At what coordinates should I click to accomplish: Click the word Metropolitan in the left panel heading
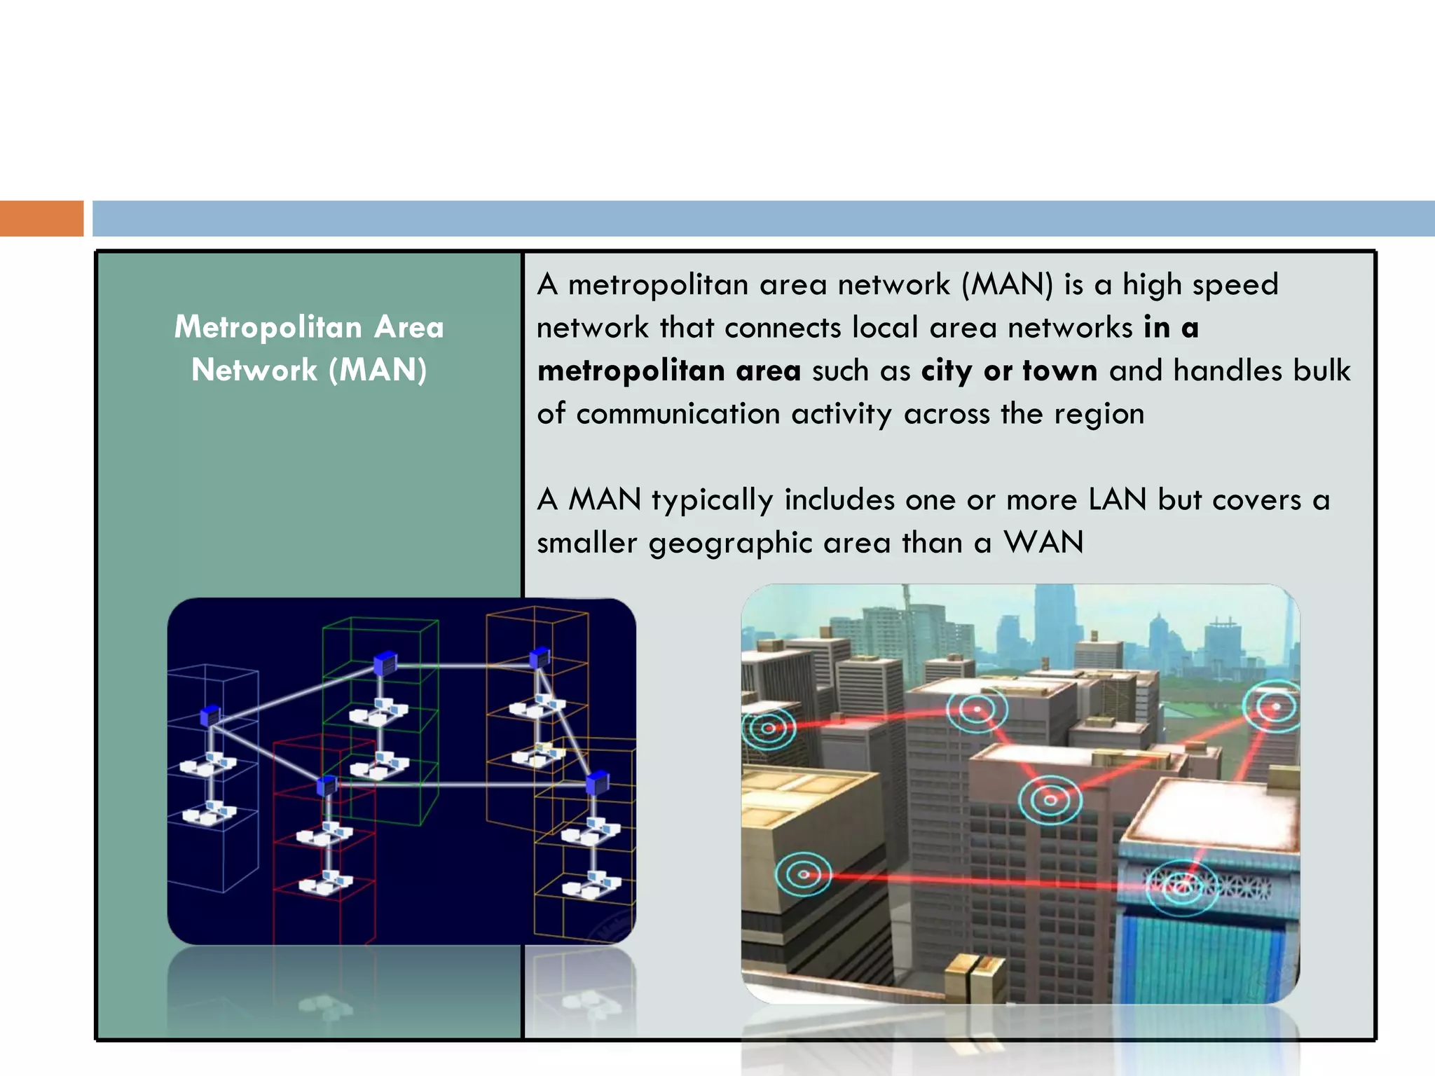tap(268, 327)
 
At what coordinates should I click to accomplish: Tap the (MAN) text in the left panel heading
tap(378, 370)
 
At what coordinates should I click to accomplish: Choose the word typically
tap(712, 500)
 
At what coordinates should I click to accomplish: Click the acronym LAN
tap(1117, 499)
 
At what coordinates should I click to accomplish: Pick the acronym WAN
tap(1043, 543)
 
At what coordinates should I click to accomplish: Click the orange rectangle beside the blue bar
tap(41, 218)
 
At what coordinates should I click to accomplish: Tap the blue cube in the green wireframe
tap(385, 662)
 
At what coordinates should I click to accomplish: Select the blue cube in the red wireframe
tap(327, 785)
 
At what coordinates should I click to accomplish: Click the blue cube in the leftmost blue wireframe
tap(210, 715)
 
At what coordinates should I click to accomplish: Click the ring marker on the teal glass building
tap(1182, 886)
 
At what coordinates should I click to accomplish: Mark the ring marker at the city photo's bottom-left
tap(803, 874)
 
